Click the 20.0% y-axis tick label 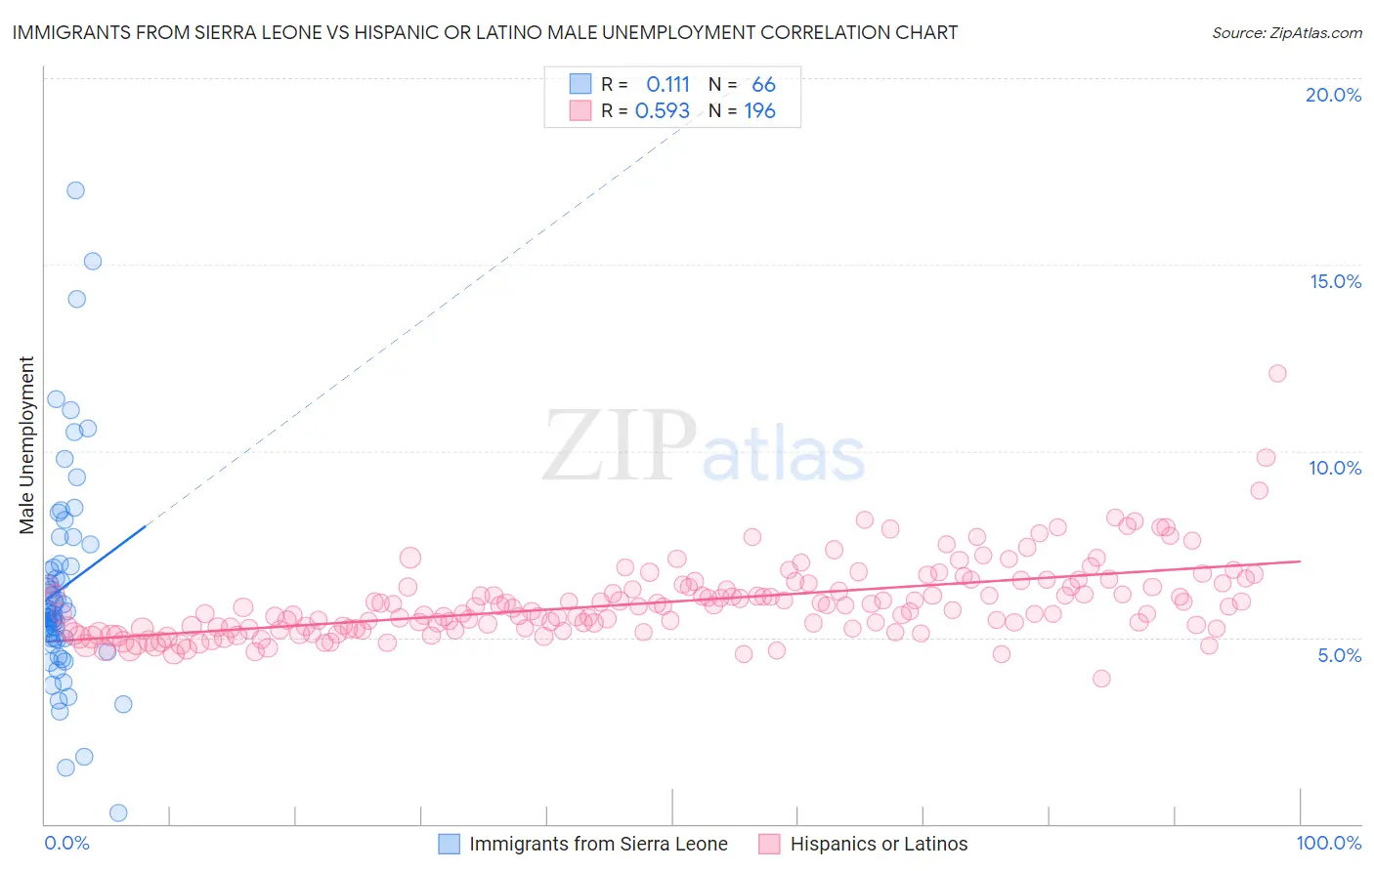1333,95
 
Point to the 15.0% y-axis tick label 1335,281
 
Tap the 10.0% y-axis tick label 1335,468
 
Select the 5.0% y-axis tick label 1339,655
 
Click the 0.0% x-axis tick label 66,843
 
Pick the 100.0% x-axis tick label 1328,843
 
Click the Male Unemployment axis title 26,445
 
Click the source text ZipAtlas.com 1316,32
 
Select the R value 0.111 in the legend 667,85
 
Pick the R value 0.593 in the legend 663,111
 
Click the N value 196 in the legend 759,111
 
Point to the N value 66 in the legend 763,85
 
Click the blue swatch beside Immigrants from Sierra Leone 449,844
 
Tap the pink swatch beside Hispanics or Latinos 770,844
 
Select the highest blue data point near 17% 75,190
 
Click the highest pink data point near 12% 1277,373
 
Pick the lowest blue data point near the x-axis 118,812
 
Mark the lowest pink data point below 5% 1101,679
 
